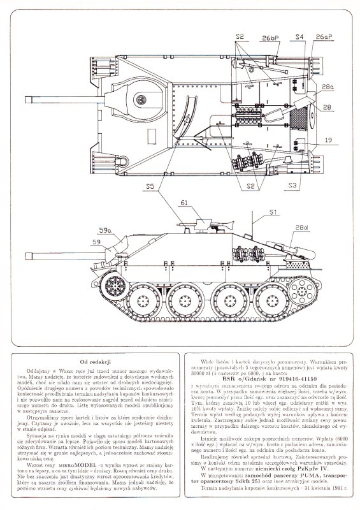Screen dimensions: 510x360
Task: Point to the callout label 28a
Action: coord(328,86)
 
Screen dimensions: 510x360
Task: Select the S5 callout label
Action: coord(149,186)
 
